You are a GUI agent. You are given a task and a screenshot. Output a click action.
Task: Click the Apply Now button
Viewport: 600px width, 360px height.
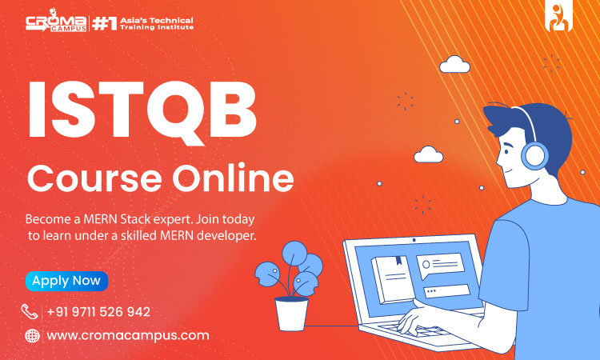[x=66, y=281]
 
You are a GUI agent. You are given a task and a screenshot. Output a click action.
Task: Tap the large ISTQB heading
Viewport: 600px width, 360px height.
[x=142, y=112]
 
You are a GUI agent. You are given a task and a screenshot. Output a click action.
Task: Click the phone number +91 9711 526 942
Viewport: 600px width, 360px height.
[x=98, y=312]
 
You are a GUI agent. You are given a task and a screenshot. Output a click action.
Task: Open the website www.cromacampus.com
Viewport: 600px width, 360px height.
[x=128, y=335]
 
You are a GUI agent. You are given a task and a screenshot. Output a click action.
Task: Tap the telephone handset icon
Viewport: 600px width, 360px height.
[x=30, y=312]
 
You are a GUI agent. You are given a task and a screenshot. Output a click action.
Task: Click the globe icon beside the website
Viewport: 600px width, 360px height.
[x=32, y=336]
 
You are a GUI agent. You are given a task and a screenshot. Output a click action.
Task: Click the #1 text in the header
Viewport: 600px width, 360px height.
[x=104, y=24]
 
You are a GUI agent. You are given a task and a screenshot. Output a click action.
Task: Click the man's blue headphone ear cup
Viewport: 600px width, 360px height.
[x=534, y=156]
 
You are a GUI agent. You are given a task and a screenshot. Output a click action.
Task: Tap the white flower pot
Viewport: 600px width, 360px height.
[x=291, y=314]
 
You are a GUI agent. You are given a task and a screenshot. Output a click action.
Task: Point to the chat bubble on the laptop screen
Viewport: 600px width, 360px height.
[x=440, y=265]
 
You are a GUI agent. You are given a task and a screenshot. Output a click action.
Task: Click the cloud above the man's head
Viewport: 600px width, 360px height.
[x=454, y=64]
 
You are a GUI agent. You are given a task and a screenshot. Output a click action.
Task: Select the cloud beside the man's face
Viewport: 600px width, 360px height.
[x=429, y=154]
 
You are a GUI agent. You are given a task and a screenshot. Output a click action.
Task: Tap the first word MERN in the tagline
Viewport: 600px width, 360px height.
[x=100, y=219]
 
